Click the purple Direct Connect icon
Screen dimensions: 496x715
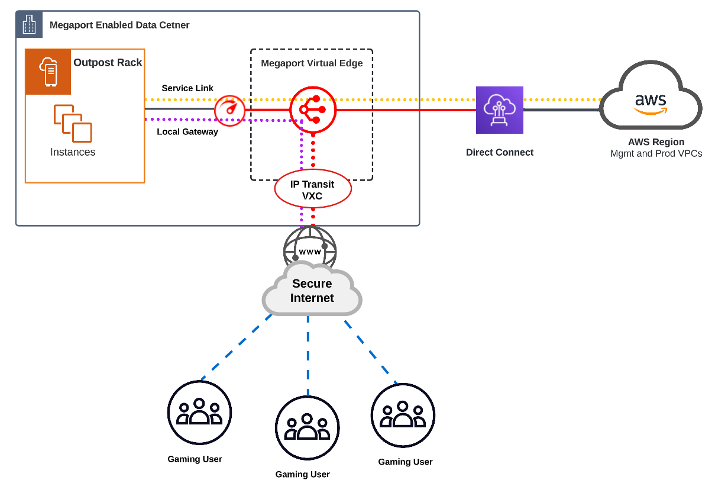(x=499, y=110)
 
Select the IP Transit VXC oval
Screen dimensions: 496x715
(x=312, y=190)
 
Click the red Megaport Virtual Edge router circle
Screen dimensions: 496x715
(x=313, y=109)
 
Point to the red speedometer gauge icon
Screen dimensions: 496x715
(x=229, y=109)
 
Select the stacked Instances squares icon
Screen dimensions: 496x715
(x=73, y=123)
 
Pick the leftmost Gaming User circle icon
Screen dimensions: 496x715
(x=199, y=412)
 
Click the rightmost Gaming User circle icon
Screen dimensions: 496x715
(x=403, y=415)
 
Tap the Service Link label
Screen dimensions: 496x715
(x=187, y=88)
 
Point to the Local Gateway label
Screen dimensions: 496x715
(x=187, y=131)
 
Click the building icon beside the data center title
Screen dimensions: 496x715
(x=29, y=25)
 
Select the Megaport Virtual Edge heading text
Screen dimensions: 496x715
(x=312, y=63)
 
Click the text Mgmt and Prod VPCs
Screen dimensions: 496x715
(x=656, y=154)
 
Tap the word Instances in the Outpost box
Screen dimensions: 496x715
(x=73, y=152)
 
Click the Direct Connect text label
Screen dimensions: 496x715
(x=499, y=152)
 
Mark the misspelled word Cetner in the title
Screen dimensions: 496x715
(x=174, y=25)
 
